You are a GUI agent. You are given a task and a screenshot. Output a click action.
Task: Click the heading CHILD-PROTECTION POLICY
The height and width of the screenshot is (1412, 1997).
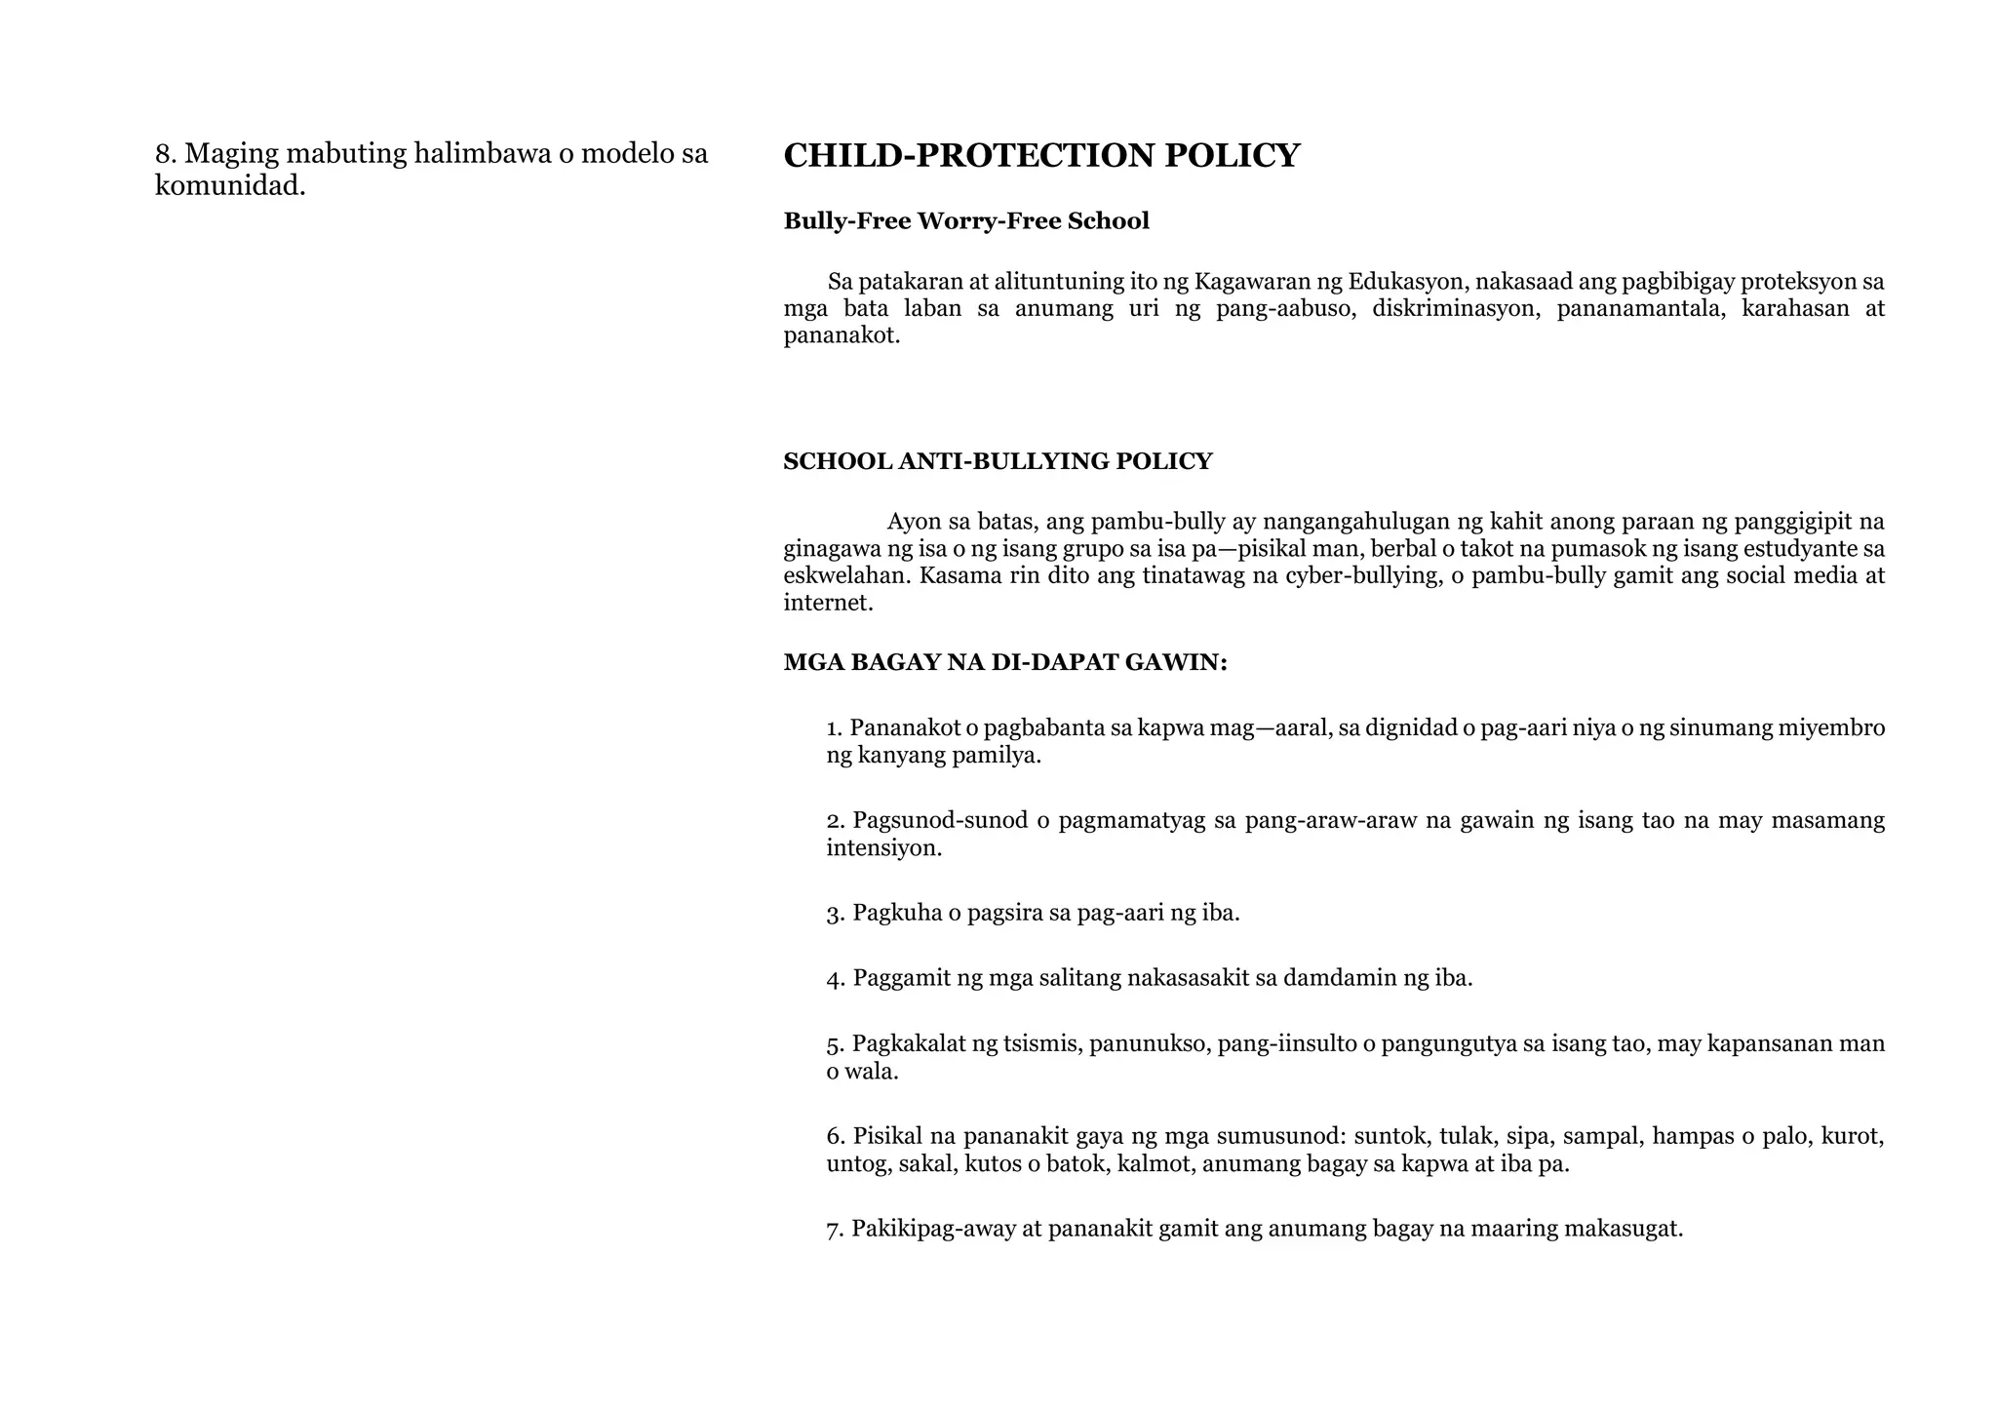1040,156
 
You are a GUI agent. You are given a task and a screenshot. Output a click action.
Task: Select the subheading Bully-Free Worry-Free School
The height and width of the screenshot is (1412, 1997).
965,221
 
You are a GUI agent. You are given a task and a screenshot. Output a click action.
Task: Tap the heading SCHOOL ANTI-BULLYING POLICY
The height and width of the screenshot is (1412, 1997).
997,461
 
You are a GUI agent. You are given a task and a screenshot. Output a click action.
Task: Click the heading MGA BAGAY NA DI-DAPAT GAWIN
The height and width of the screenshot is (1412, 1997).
1004,663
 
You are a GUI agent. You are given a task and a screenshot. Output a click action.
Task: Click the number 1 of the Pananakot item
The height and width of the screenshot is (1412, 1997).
833,728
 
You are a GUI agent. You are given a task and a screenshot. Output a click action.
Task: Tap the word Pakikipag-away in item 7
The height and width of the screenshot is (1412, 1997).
932,1229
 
